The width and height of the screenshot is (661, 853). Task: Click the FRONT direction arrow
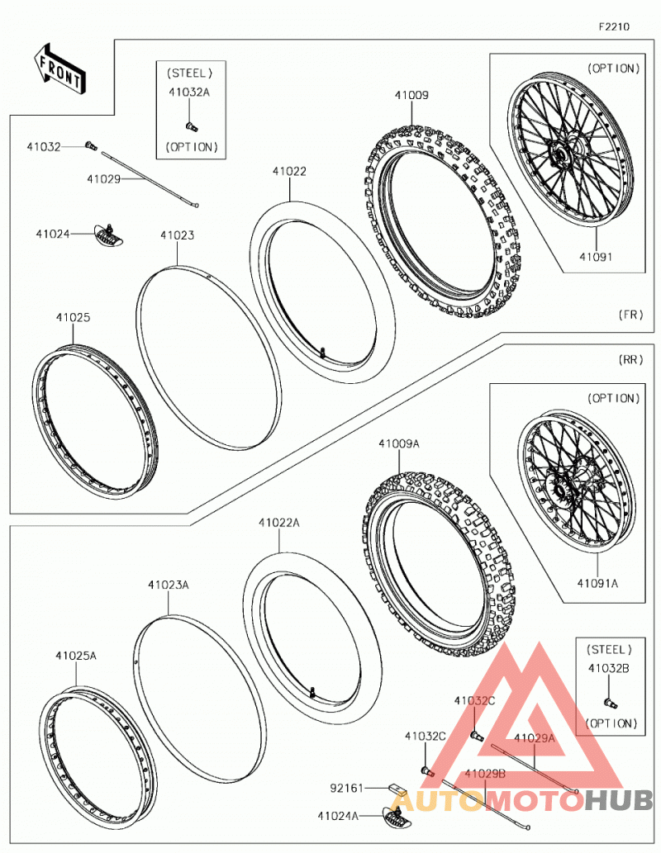(59, 69)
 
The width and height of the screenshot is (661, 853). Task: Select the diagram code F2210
(614, 26)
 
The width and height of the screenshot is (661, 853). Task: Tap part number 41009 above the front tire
(411, 95)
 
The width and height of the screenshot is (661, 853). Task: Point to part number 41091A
(597, 583)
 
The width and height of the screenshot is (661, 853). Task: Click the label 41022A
(278, 523)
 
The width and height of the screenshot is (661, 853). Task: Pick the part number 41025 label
(73, 317)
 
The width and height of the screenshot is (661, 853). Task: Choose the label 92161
(347, 788)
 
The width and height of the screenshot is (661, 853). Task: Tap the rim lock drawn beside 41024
(111, 234)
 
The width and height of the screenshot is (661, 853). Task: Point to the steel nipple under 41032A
(191, 127)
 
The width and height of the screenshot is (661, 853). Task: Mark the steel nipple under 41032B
(611, 704)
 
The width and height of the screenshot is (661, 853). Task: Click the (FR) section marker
(630, 315)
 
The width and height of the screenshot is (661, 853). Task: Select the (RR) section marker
(630, 359)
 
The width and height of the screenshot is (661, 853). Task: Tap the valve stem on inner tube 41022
(323, 353)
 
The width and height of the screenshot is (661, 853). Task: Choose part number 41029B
(484, 773)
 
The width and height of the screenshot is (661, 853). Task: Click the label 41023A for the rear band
(169, 585)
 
